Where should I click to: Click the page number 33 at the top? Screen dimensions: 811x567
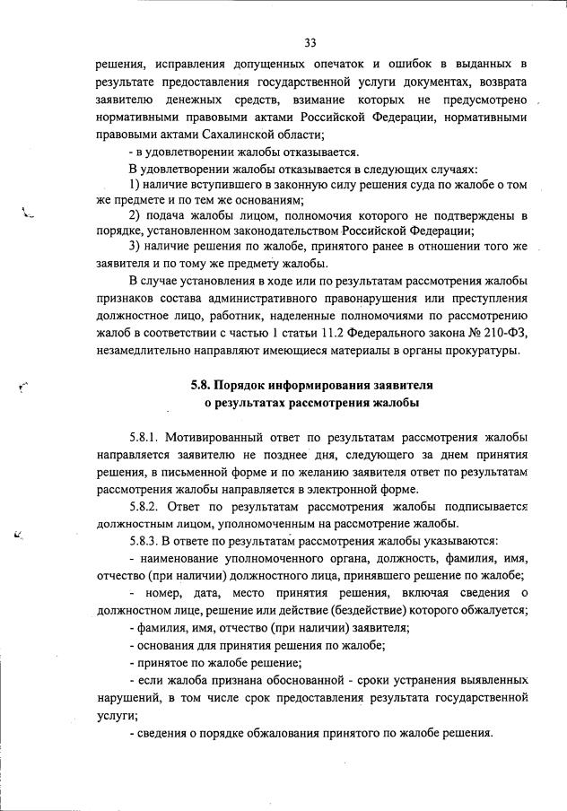(x=310, y=42)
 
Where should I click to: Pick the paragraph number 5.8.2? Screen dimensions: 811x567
(x=144, y=507)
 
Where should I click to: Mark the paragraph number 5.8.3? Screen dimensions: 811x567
(x=144, y=541)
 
